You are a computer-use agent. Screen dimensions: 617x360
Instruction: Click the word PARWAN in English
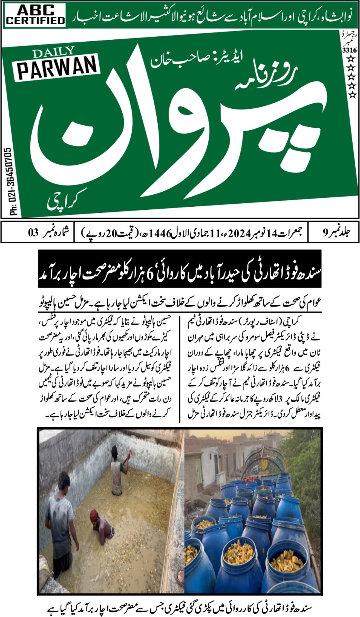(57, 69)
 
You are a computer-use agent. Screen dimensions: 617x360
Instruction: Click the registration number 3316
(349, 50)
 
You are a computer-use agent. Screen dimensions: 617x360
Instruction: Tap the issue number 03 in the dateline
(33, 232)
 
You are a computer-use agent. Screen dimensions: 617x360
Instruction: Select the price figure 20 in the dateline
(110, 233)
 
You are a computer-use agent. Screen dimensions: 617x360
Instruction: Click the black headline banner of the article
(180, 269)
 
